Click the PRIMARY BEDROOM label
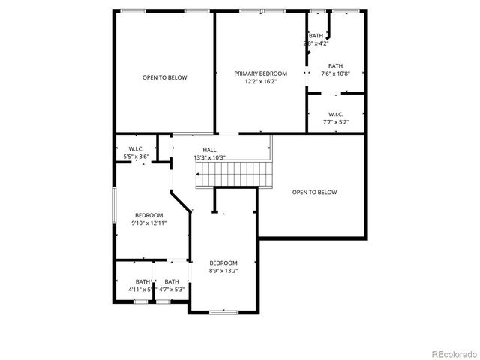click(x=260, y=73)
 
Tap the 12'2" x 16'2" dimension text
click(x=260, y=81)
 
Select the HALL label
click(x=209, y=150)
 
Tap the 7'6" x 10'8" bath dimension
click(x=335, y=73)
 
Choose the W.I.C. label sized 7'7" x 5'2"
click(x=335, y=114)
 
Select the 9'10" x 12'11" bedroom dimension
click(x=149, y=223)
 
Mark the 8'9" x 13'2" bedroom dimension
click(x=223, y=271)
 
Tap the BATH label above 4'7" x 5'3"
click(x=172, y=281)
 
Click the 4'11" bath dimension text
click(x=140, y=289)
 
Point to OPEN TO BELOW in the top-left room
click(x=165, y=77)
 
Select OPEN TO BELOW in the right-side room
click(x=314, y=192)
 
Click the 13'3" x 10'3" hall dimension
click(x=209, y=157)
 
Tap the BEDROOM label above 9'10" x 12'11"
click(x=149, y=215)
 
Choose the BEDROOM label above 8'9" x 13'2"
click(x=223, y=262)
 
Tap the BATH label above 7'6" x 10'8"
click(x=335, y=65)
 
